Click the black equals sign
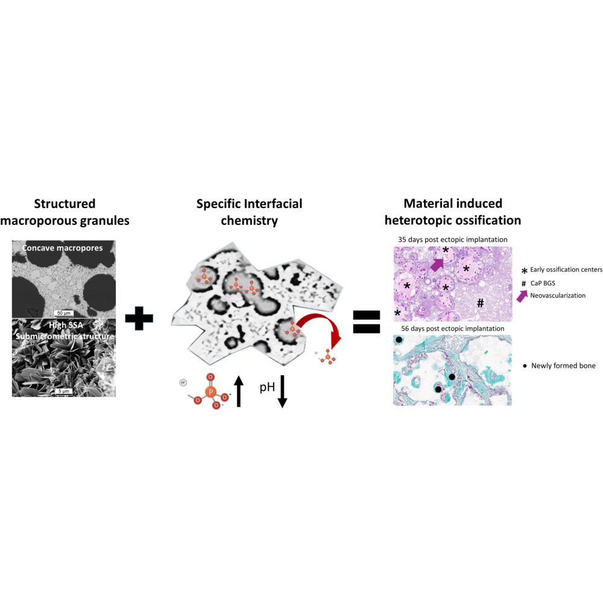click(367, 321)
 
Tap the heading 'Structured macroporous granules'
click(65, 212)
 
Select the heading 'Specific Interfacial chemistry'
click(249, 212)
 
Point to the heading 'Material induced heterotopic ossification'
click(453, 212)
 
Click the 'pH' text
click(267, 387)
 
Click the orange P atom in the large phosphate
click(210, 391)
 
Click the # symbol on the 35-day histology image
click(480, 303)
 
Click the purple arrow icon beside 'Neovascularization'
click(522, 295)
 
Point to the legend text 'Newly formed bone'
click(563, 365)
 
